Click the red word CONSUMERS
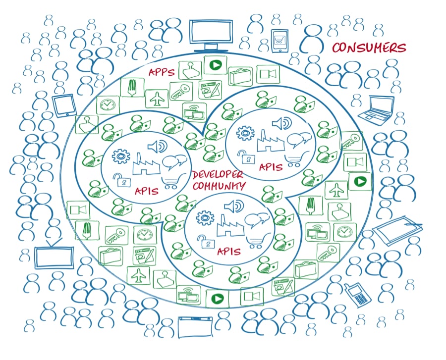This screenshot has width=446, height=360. coord(369,48)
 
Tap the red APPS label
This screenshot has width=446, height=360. coord(162,72)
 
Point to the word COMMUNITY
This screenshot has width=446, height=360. coord(219,186)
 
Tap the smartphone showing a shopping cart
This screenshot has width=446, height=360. coord(279,40)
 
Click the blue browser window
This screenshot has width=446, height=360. coord(198,326)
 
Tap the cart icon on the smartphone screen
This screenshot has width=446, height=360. coord(279,40)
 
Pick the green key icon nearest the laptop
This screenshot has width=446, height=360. coord(353,139)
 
